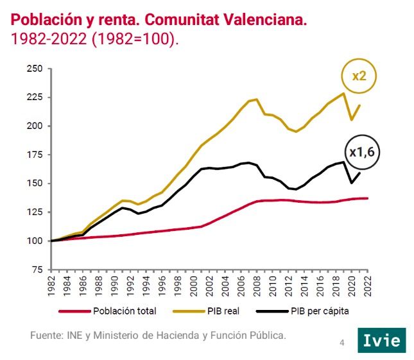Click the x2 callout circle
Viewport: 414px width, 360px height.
click(359, 76)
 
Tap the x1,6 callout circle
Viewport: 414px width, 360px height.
click(361, 152)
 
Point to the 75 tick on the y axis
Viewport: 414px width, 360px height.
click(37, 270)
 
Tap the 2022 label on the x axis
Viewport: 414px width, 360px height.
click(367, 286)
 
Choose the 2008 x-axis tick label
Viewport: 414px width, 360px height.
click(257, 286)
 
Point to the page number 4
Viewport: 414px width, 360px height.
click(342, 343)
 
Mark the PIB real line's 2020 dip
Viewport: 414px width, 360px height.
click(351, 119)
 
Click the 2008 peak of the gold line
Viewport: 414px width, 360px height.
click(257, 99)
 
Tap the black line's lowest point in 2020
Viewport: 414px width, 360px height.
click(351, 183)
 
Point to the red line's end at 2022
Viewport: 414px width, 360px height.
click(367, 198)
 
